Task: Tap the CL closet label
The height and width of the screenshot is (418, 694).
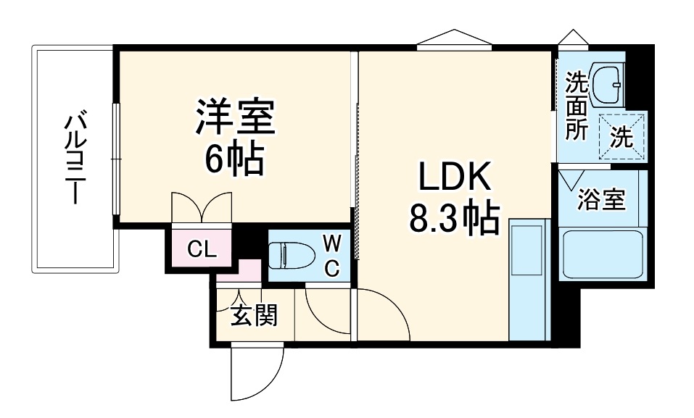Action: pos(201,250)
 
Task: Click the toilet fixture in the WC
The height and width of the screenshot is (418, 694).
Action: pos(289,255)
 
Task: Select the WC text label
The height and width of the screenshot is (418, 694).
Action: pos(331,254)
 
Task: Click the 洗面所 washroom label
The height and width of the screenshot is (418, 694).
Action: pos(577,106)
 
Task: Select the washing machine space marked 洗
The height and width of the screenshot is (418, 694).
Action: pos(621,135)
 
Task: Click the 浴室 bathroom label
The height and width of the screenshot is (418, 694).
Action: pos(601,200)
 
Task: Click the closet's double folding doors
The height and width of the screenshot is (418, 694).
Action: pos(202,208)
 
